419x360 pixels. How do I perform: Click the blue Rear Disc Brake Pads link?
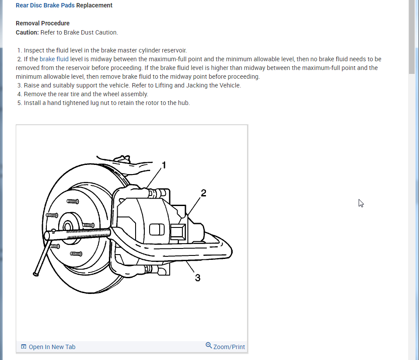[45, 6]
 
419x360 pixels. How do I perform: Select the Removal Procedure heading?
[42, 23]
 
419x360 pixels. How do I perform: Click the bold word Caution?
[28, 32]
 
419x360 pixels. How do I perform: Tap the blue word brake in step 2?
[47, 59]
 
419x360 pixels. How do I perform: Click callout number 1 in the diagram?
[164, 165]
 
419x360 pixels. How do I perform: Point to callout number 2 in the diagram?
[203, 193]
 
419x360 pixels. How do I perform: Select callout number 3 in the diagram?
[198, 278]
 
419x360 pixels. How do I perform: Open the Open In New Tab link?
[52, 347]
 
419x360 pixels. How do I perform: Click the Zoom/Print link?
[229, 347]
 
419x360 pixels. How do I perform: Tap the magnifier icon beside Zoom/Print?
[209, 346]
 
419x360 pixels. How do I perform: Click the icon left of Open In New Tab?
[24, 347]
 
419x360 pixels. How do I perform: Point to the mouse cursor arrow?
[361, 203]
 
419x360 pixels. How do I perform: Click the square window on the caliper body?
[157, 229]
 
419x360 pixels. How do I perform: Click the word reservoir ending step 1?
[174, 50]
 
